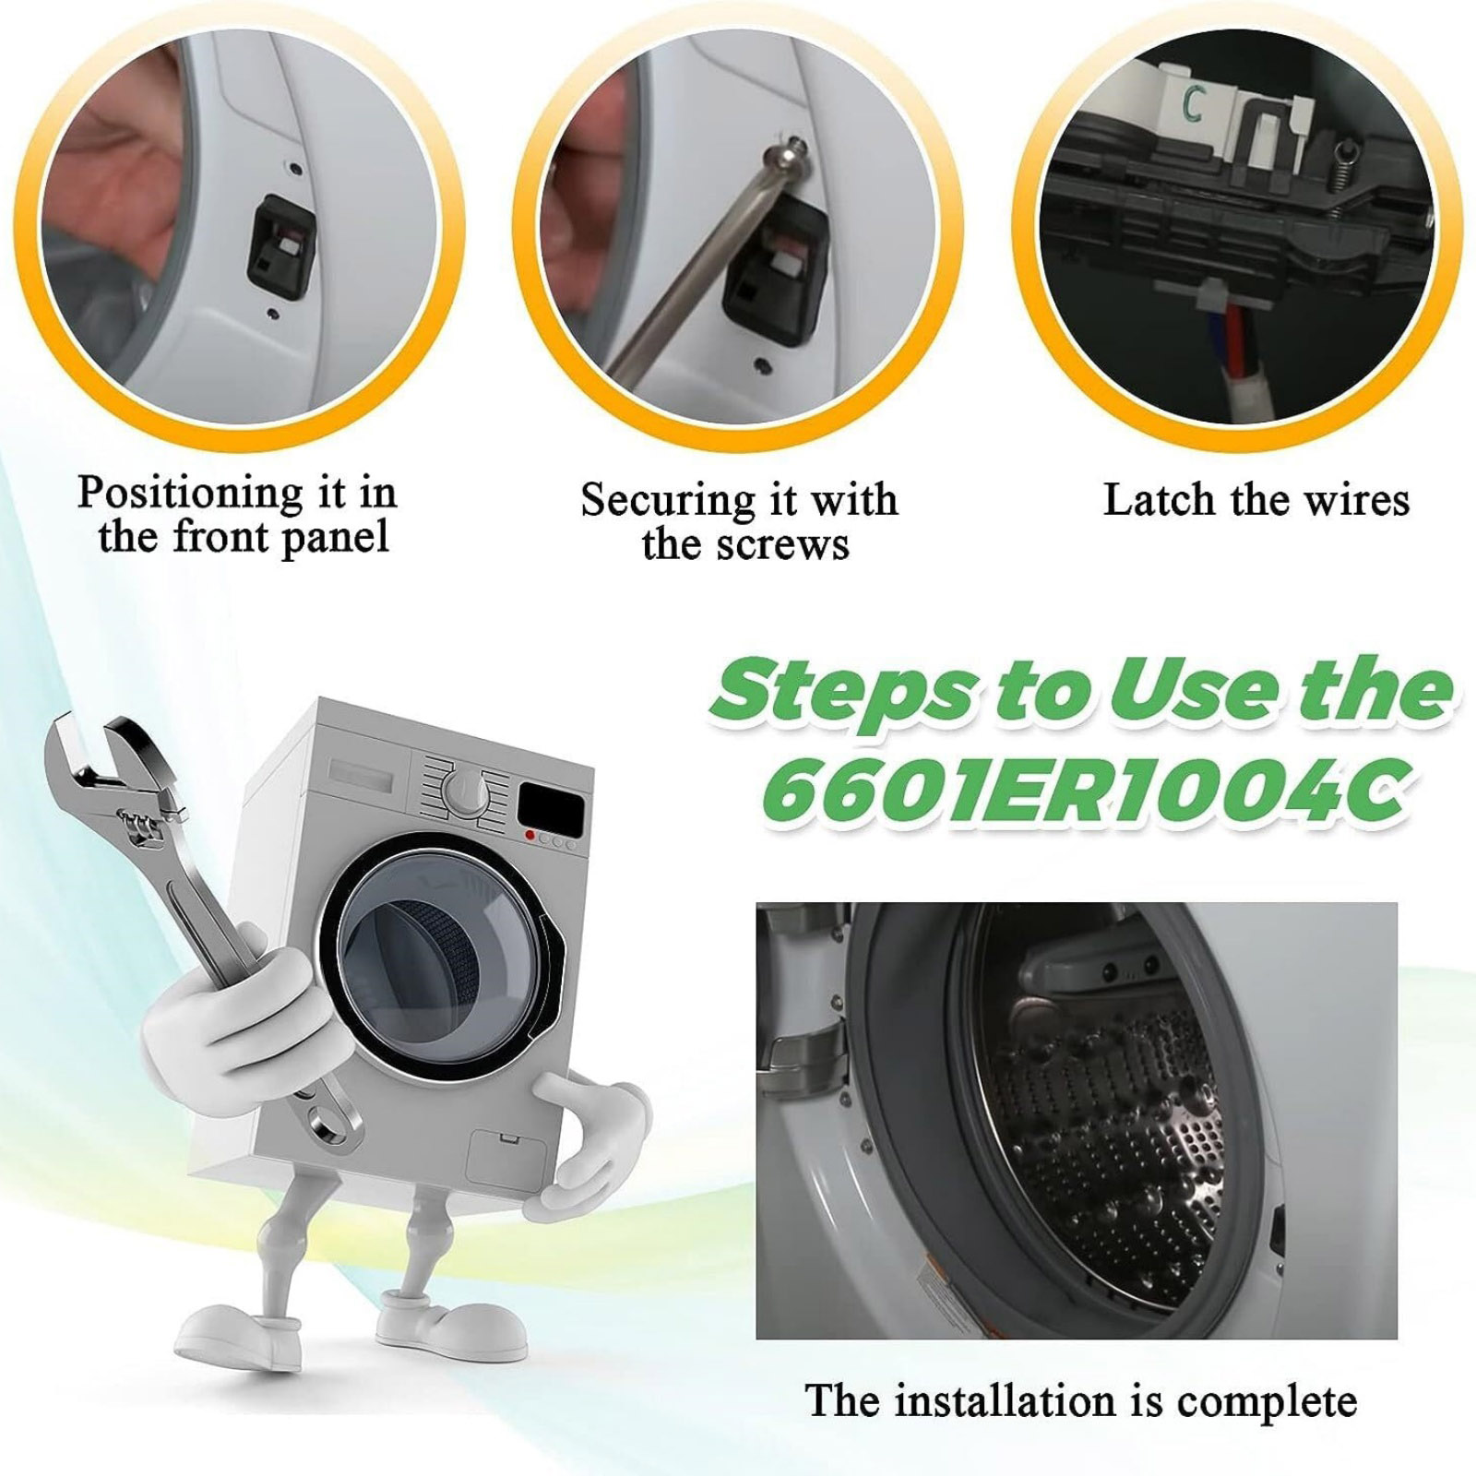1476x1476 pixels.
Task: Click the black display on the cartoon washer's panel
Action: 551,809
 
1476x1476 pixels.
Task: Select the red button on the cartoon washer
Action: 530,836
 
